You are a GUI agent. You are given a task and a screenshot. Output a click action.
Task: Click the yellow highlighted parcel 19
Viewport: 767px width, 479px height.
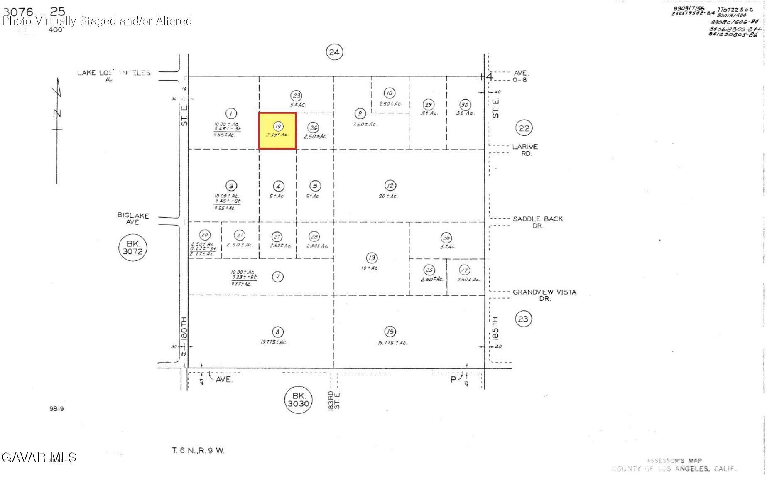277,131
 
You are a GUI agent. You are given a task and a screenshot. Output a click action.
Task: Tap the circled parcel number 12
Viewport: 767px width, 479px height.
390,185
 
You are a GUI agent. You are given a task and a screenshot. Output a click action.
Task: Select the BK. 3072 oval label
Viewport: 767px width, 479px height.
132,247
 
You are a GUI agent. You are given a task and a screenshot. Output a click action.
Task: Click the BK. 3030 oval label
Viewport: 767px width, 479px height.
299,400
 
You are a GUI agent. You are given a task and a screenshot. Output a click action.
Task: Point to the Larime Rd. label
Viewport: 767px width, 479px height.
525,150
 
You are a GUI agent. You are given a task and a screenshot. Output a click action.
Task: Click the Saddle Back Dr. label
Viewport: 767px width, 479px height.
538,222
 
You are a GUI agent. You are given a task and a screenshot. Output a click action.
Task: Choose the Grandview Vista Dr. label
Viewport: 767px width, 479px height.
544,295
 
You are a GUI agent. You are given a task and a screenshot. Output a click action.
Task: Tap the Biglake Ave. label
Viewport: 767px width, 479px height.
133,219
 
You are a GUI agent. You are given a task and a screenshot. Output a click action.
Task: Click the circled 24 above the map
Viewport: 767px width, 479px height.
334,52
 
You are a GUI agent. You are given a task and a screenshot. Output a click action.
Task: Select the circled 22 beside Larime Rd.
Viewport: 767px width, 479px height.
524,128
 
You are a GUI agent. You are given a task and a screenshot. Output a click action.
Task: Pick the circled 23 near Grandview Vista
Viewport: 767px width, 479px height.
523,319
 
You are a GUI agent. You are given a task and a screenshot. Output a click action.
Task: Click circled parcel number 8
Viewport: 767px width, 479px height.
277,332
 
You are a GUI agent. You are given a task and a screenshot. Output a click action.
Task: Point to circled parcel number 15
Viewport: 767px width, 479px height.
390,332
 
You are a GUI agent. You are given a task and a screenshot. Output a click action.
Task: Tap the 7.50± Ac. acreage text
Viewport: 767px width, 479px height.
364,124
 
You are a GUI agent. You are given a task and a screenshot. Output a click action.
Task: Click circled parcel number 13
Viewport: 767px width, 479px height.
372,258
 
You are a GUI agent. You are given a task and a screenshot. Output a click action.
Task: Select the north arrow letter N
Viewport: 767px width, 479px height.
58,113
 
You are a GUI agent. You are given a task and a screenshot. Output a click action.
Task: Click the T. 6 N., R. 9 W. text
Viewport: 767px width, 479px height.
198,451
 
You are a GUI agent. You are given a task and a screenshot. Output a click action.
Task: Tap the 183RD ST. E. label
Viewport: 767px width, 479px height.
334,400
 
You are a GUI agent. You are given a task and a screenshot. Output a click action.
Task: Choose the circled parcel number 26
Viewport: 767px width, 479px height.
446,238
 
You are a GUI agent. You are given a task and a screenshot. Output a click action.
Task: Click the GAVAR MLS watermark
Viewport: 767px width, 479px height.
39,457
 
